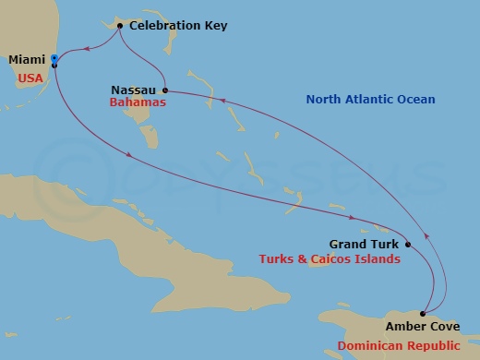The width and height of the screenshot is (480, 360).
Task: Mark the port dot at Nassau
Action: pyautogui.click(x=164, y=90)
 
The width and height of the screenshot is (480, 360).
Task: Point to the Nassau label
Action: pyautogui.click(x=134, y=90)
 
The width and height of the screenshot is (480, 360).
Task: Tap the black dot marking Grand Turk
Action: pyautogui.click(x=407, y=245)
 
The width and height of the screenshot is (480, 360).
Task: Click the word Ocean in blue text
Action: pyautogui.click(x=415, y=99)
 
